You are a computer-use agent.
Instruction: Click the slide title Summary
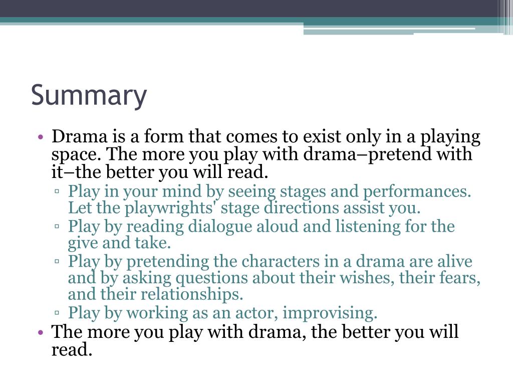coord(89,95)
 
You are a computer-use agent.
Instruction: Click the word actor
coord(255,313)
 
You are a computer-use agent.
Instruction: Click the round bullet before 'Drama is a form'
coord(41,137)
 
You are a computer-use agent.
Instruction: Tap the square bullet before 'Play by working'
coord(58,314)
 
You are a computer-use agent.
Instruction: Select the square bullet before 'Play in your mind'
coord(58,191)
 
